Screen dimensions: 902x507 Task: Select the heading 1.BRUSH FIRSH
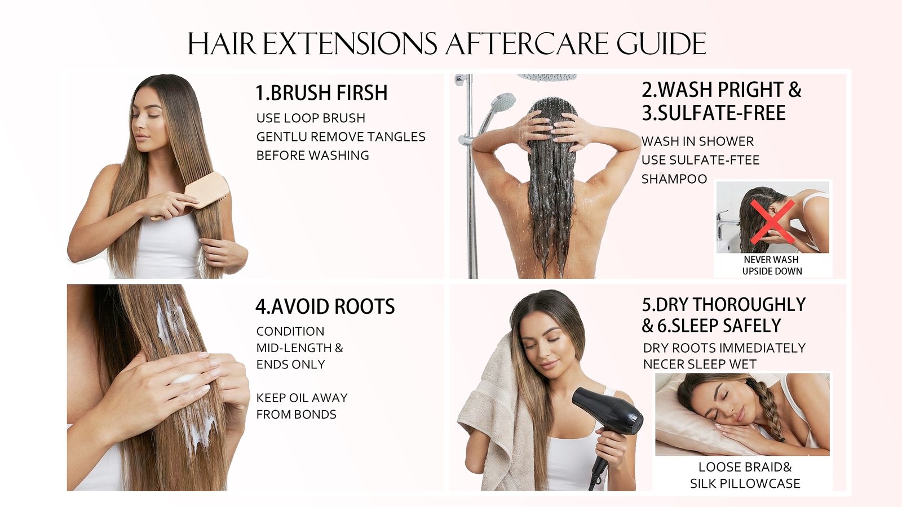321,92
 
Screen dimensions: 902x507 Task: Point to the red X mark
772,223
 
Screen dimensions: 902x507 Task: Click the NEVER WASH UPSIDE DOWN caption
772,265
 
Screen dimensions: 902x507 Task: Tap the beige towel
491,415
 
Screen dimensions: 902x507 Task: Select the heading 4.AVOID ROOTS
325,306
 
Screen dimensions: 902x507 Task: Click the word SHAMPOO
674,179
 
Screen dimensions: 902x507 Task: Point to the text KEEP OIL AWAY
302,398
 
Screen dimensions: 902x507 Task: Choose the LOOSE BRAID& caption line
745,467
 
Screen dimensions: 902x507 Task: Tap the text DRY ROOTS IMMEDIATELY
724,348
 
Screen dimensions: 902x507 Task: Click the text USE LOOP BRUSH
311,118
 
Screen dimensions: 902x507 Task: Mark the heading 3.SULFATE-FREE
714,113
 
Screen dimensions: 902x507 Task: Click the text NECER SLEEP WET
700,364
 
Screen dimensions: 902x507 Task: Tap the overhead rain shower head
547,77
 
